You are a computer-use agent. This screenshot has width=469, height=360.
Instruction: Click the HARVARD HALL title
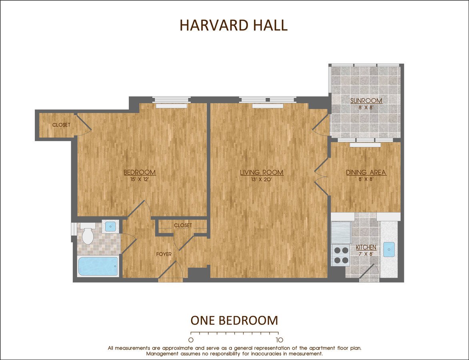click(234, 25)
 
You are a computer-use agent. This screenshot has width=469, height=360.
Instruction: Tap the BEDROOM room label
click(140, 172)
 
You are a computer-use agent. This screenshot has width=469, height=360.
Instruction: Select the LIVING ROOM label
click(261, 172)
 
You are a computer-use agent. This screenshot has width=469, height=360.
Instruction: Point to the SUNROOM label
click(366, 100)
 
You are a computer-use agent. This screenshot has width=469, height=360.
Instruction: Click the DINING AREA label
click(366, 172)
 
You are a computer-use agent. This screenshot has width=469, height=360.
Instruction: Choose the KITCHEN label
click(366, 248)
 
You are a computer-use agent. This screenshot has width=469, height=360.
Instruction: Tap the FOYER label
click(164, 254)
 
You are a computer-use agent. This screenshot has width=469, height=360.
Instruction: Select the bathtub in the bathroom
click(98, 266)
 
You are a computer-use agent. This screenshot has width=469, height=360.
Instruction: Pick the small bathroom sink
click(109, 226)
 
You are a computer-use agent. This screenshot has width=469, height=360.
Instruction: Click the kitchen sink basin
click(389, 249)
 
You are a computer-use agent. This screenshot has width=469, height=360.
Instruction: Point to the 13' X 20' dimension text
click(261, 179)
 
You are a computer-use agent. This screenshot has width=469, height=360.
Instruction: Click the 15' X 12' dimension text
click(140, 179)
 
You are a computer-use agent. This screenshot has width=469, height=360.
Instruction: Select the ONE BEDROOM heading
click(234, 320)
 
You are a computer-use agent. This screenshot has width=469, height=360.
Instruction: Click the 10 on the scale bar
click(279, 340)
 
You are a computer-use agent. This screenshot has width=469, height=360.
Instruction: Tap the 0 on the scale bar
click(191, 340)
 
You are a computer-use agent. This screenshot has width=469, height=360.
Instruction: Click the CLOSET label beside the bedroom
click(61, 125)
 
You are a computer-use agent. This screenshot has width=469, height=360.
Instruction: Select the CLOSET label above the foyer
click(183, 226)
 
